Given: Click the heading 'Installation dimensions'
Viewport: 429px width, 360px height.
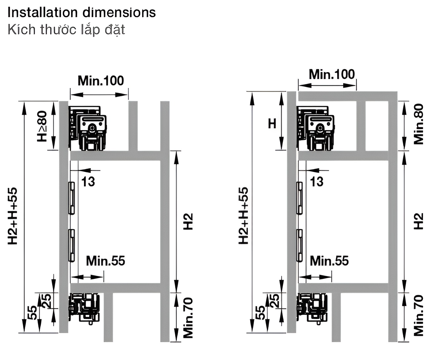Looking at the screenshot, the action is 82,13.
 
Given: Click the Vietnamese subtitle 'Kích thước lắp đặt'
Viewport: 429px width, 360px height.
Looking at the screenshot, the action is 66,30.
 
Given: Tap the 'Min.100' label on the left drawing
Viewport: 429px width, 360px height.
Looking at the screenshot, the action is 101,81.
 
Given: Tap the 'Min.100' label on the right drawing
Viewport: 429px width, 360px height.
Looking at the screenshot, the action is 332,74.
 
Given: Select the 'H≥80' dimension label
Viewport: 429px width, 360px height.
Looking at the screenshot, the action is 42,126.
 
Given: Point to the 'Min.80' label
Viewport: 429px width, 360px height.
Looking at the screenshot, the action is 418,124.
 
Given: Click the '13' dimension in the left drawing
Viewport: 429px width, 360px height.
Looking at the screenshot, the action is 88,182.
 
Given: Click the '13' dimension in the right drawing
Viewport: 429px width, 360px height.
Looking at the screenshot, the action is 317,182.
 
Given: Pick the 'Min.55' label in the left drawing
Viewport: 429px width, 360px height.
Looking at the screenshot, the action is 105,261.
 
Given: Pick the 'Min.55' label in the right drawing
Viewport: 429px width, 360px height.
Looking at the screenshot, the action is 329,261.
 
